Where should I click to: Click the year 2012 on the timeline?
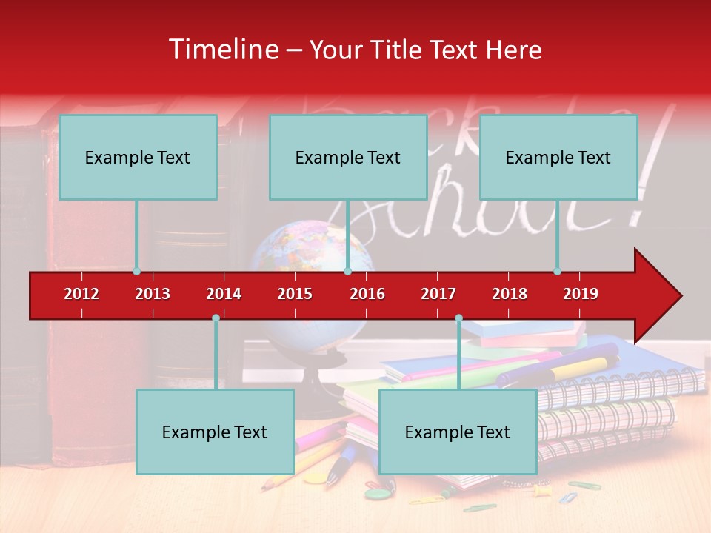[x=81, y=294]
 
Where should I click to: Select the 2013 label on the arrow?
[x=153, y=294]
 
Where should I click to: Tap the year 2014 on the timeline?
[x=224, y=294]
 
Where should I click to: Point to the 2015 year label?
[x=295, y=294]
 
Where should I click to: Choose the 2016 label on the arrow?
[x=367, y=294]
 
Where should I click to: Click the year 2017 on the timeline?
[x=438, y=294]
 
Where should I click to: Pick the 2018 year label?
[x=510, y=294]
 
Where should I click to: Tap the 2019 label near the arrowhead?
[x=581, y=294]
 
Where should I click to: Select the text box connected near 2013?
[x=138, y=157]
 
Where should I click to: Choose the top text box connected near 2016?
[x=348, y=157]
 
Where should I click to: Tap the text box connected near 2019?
[x=558, y=157]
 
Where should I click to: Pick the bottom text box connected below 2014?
[x=215, y=432]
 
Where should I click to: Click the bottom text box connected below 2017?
[x=458, y=432]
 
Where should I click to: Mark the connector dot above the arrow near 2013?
[x=136, y=272]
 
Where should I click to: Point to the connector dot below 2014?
[x=216, y=318]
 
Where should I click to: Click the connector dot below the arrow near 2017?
[x=458, y=318]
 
